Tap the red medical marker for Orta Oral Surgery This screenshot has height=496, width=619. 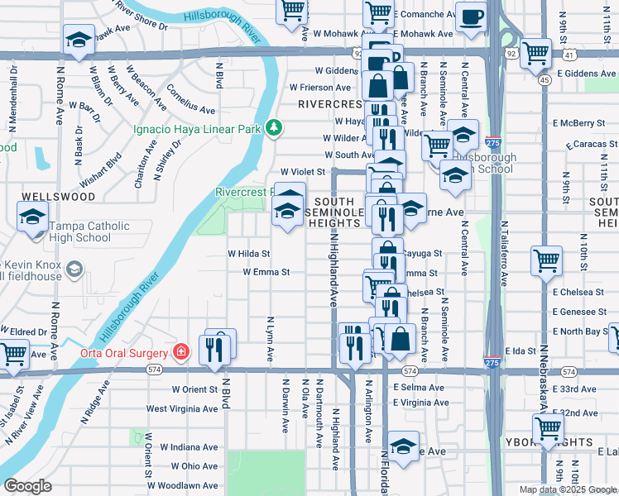[181, 352]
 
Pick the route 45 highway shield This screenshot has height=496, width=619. [545, 80]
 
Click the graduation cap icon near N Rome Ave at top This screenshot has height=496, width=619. [79, 41]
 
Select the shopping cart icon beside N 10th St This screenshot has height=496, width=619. [547, 261]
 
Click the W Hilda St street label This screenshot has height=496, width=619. [249, 254]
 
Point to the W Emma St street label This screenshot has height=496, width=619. [266, 272]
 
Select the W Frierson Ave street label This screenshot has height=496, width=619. [320, 87]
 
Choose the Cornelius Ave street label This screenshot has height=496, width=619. [190, 99]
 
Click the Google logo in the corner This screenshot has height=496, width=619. [27, 486]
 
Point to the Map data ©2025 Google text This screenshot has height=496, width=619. [567, 489]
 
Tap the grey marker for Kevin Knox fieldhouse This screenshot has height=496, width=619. [74, 269]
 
